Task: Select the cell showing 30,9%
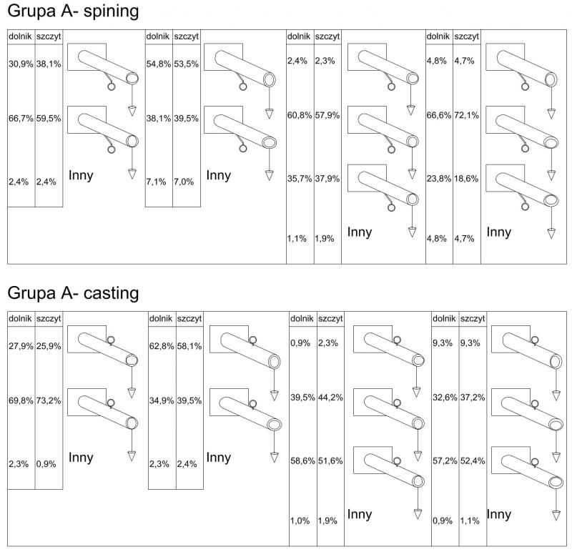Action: click(x=21, y=64)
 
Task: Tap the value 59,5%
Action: click(x=49, y=118)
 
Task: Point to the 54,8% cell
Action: click(x=159, y=64)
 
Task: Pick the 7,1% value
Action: click(x=156, y=182)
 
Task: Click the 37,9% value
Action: click(x=327, y=179)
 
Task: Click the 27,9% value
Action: click(x=21, y=346)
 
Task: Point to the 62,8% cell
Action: click(x=161, y=346)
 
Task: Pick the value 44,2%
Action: click(x=330, y=397)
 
